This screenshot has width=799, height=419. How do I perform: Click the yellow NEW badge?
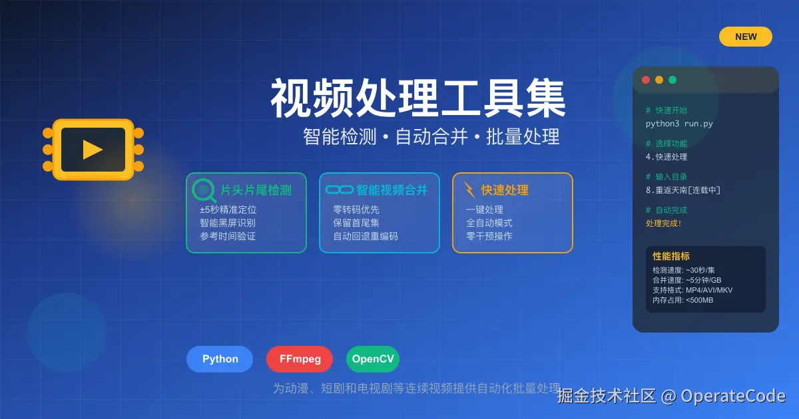[x=746, y=37]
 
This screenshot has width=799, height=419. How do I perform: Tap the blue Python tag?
[x=220, y=359]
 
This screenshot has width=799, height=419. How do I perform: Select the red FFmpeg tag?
[x=300, y=359]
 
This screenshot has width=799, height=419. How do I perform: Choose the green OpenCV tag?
[x=373, y=359]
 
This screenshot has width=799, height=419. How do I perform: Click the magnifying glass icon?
[x=204, y=191]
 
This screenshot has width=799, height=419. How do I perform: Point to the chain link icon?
[x=340, y=190]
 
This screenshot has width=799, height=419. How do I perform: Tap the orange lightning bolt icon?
[x=469, y=190]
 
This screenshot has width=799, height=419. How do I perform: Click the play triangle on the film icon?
[x=93, y=150]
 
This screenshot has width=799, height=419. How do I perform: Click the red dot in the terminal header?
[x=646, y=80]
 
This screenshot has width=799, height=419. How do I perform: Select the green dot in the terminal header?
[x=672, y=80]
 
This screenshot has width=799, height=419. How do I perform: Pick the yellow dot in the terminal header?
[x=659, y=80]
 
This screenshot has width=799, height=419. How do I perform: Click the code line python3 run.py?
[x=679, y=124]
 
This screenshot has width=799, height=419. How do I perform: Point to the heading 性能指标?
[x=671, y=256]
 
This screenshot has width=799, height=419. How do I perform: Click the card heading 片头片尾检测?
[x=256, y=190]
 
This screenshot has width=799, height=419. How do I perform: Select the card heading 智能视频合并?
[x=392, y=190]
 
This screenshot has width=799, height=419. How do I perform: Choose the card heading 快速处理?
[x=505, y=190]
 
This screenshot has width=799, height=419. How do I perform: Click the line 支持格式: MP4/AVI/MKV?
[x=692, y=290]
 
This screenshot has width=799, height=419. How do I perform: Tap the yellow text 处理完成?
[x=664, y=223]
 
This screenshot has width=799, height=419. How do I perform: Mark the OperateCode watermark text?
[x=732, y=396]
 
